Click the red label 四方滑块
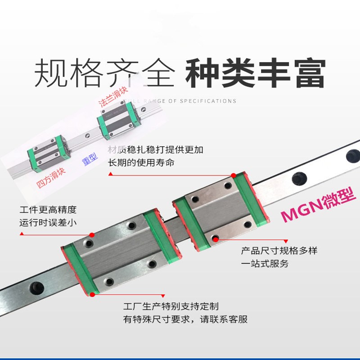pyautogui.click(x=50, y=180)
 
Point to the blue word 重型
pyautogui.click(x=90, y=161)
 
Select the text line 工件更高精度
pyautogui.click(x=48, y=210)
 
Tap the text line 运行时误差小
pyautogui.click(x=48, y=222)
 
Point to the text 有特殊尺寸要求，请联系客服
pyautogui.click(x=185, y=319)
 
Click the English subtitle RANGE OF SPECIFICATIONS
pyautogui.click(x=189, y=101)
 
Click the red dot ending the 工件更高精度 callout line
pyautogui.click(x=92, y=234)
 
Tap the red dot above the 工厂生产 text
pyautogui.click(x=92, y=294)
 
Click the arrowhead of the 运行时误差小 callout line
pyautogui.click(x=21, y=234)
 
